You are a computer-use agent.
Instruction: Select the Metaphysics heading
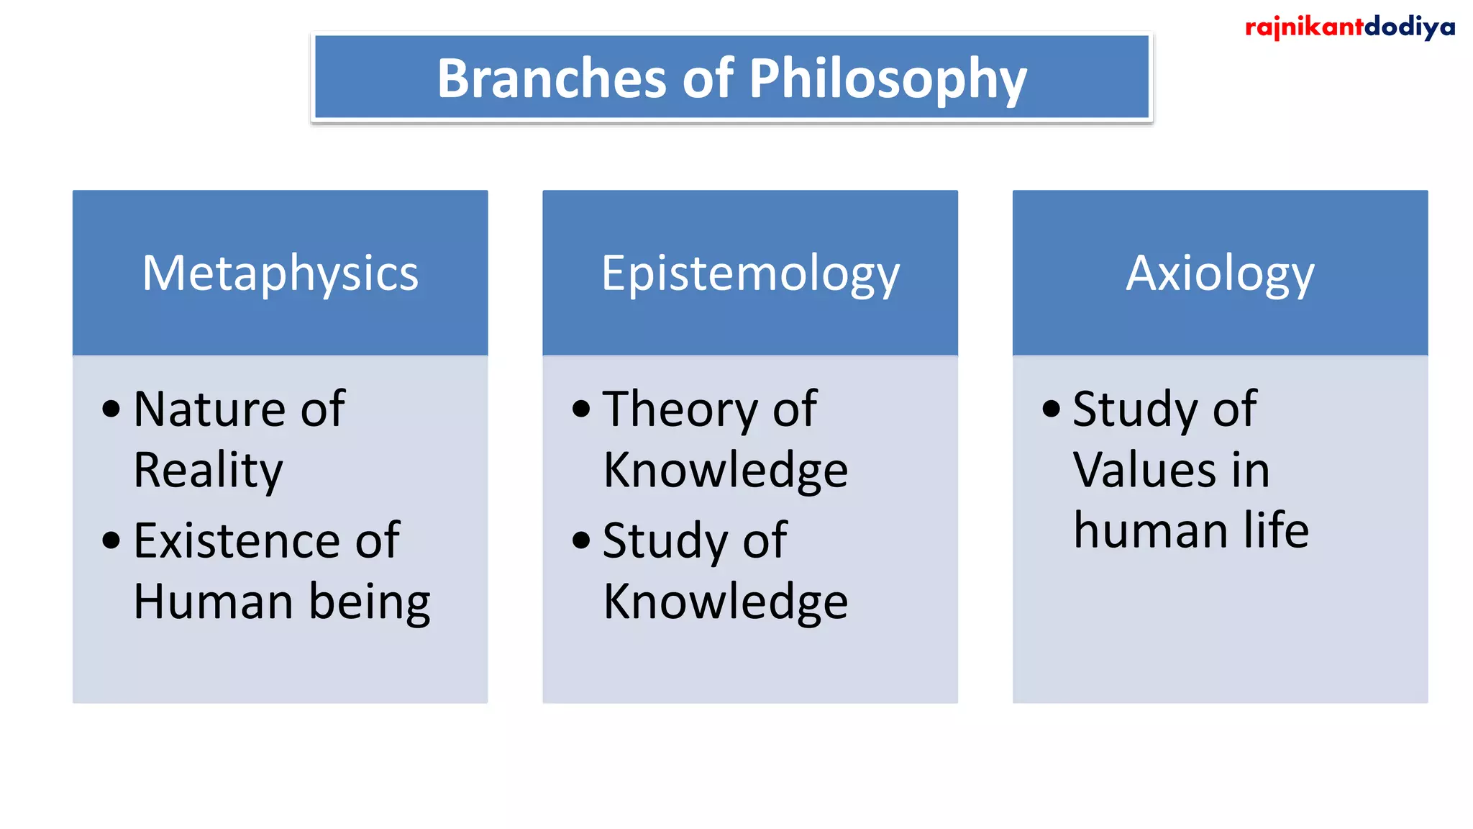pos(280,273)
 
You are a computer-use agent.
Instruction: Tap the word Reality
pos(208,471)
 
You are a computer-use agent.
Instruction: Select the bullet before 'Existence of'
pos(111,540)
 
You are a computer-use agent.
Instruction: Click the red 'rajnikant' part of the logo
pos(1303,27)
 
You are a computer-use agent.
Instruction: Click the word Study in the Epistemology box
pos(664,542)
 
